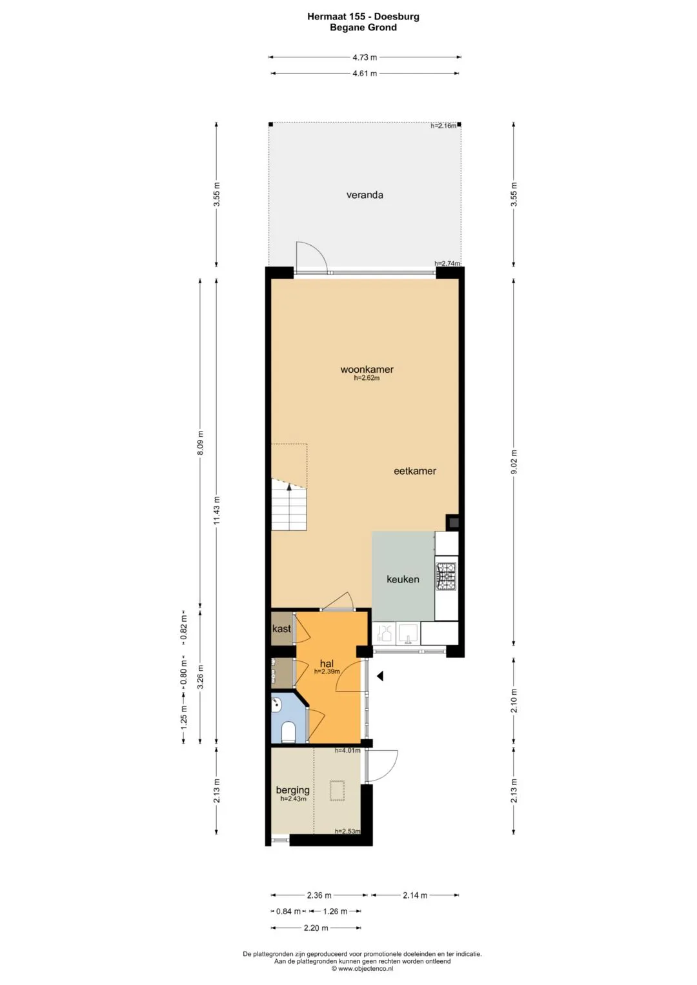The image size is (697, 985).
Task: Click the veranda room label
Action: coord(365,195)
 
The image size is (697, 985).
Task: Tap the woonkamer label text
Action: coord(367,370)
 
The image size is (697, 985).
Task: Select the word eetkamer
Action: coord(414,471)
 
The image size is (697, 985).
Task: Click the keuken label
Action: coord(403,579)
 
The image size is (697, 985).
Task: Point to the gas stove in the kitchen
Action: coord(446,576)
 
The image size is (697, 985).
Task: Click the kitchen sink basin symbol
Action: coord(409,633)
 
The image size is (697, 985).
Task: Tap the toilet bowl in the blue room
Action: coord(288,731)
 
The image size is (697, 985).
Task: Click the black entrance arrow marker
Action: coord(379,676)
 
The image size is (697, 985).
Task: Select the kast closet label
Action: coord(281,628)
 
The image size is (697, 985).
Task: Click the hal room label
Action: coord(327,664)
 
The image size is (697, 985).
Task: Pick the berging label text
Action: coord(292,790)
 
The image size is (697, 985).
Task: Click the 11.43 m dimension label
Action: coord(216,510)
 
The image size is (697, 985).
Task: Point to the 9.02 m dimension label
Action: coord(514,462)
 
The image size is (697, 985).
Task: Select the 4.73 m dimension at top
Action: coord(365,57)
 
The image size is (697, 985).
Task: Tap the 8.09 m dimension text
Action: coord(200,443)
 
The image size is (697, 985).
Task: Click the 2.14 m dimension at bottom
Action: coord(415,895)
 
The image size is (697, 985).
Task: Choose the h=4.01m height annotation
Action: coord(348,751)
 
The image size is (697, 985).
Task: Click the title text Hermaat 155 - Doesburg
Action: coord(363,17)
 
